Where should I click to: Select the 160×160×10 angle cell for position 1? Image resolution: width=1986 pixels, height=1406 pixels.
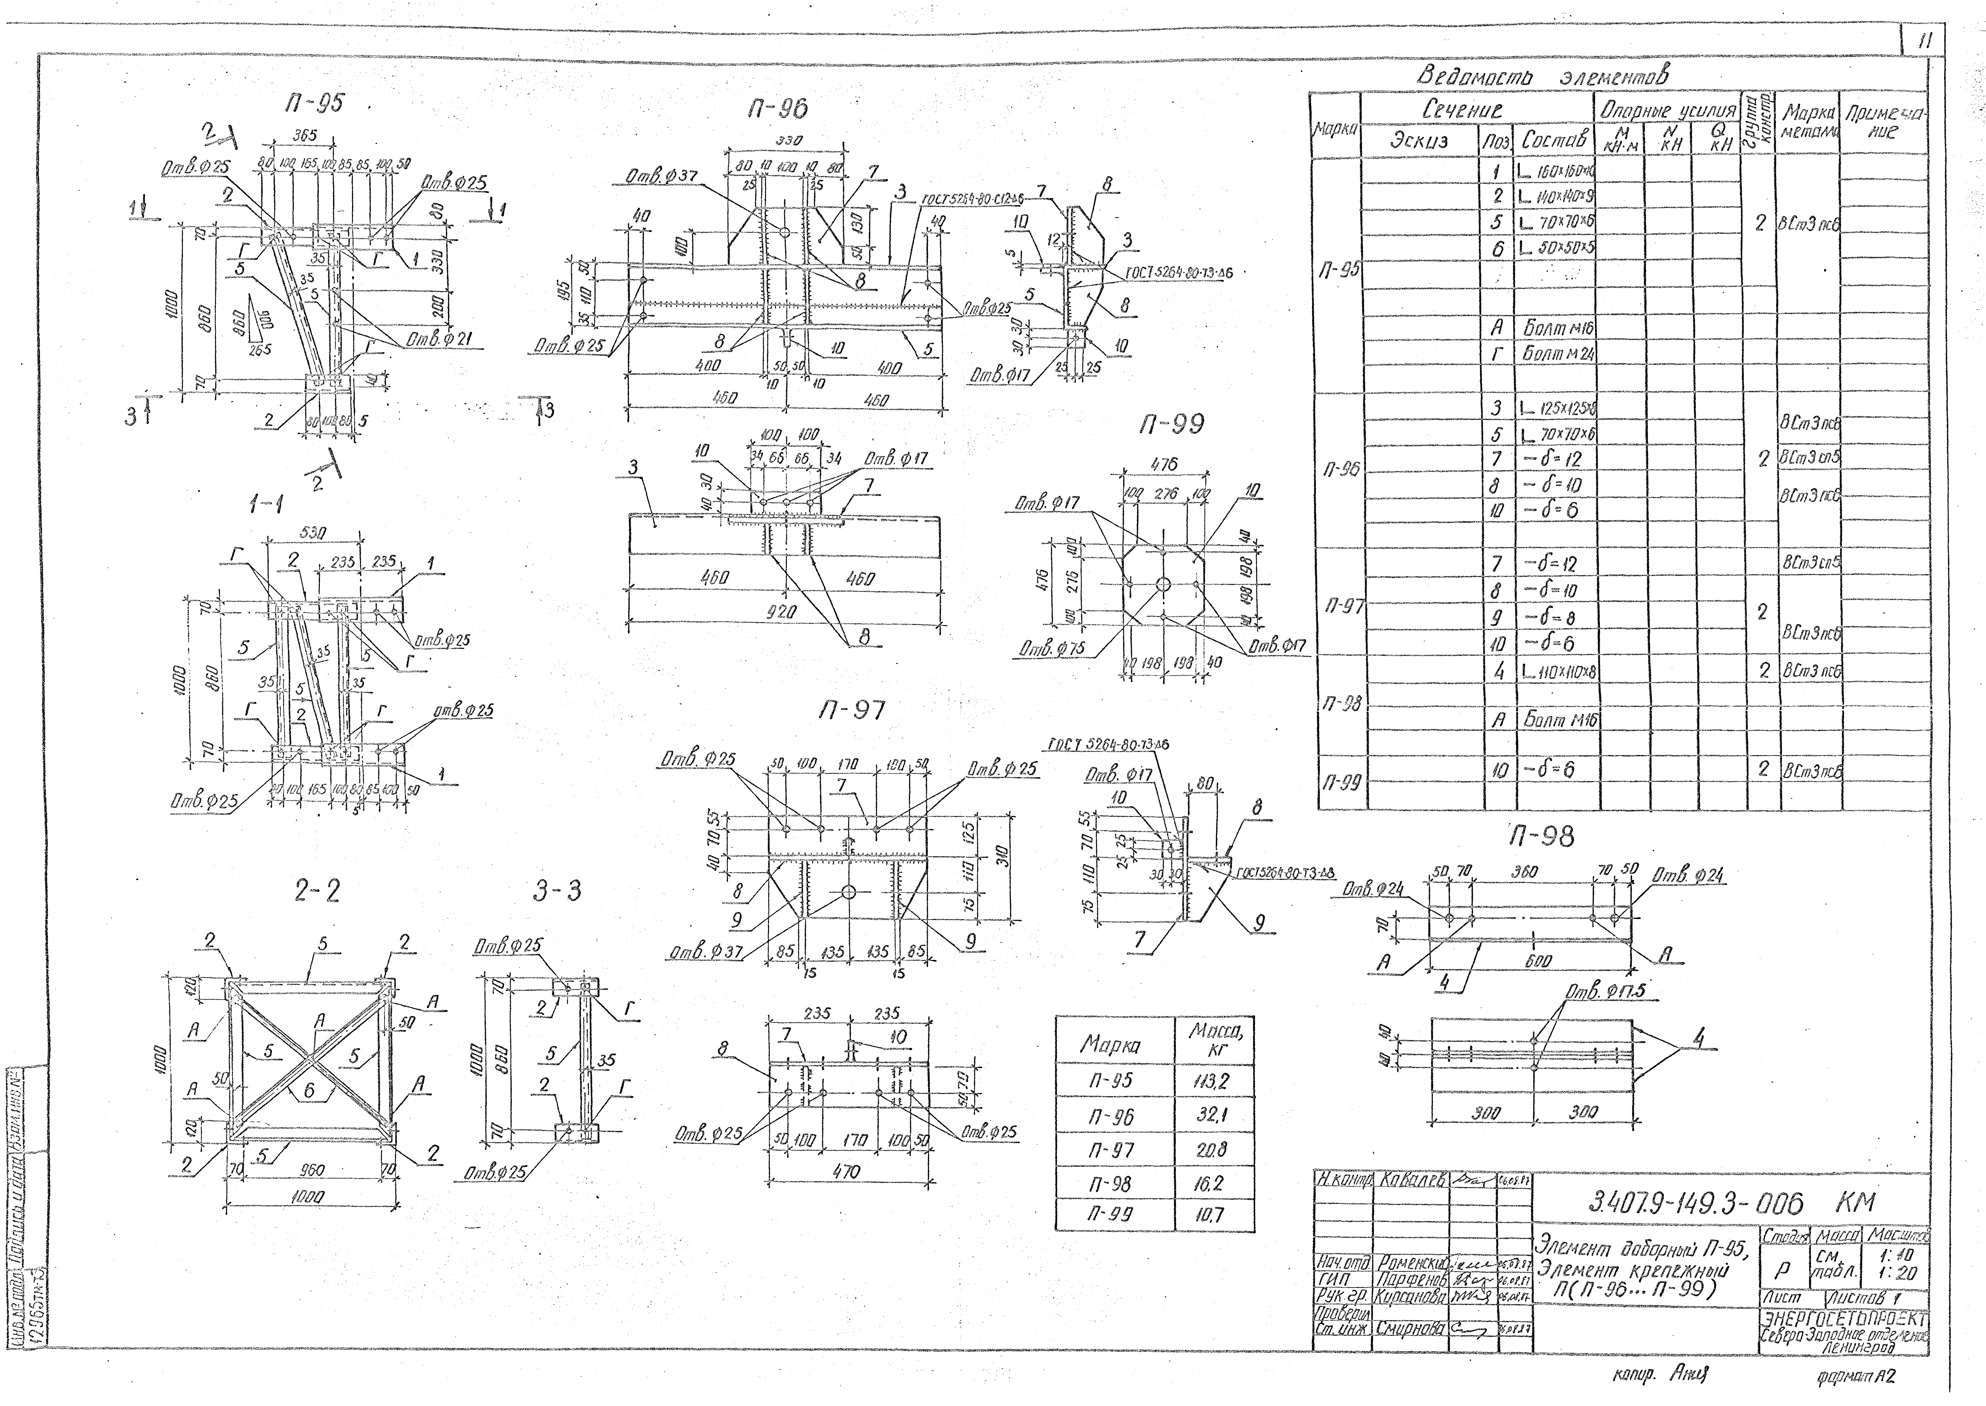[1556, 171]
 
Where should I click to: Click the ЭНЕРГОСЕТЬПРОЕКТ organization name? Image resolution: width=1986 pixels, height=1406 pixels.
[1844, 1319]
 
